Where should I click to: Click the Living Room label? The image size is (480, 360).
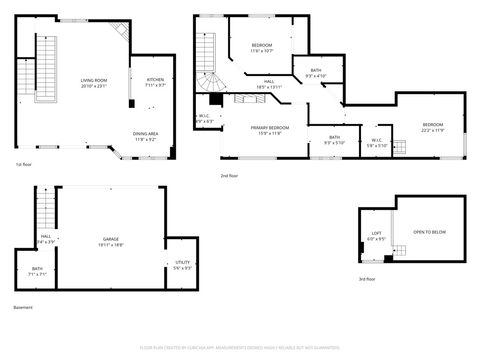(94, 80)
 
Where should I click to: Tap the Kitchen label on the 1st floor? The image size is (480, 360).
(155, 80)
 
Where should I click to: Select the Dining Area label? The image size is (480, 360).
(145, 134)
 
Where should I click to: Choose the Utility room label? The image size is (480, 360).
(182, 264)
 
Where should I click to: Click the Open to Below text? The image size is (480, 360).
(430, 232)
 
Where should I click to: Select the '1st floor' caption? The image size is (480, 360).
(23, 164)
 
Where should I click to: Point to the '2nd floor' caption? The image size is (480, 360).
(229, 175)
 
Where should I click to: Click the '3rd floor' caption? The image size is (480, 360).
(367, 279)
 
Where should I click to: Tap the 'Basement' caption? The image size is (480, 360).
(24, 308)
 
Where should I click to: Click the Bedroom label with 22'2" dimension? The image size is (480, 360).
(433, 127)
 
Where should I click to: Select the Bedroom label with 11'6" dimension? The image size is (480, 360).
(262, 46)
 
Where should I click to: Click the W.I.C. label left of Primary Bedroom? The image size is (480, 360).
(204, 117)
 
